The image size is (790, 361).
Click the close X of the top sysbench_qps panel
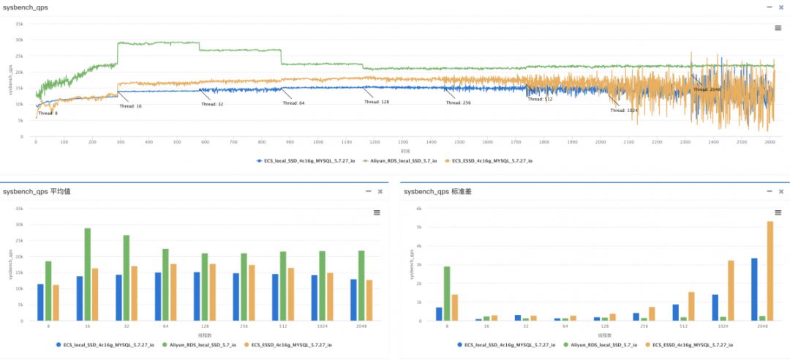(779, 7)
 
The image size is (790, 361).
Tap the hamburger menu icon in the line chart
(778, 28)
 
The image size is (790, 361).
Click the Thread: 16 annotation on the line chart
(131, 106)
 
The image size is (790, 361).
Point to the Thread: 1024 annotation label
(624, 111)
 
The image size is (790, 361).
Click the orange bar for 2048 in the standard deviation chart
(770, 271)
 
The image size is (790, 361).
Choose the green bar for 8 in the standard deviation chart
(447, 294)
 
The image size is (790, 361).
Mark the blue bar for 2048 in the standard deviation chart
(754, 289)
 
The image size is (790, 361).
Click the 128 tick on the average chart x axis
(206, 327)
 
